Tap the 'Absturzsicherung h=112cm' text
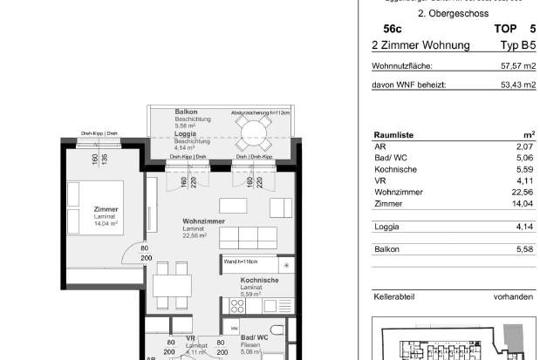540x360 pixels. [x=260, y=113]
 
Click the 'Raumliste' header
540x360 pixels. [x=393, y=135]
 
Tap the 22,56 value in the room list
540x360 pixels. [x=521, y=193]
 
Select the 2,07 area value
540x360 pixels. [x=523, y=147]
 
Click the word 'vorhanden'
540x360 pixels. [x=513, y=297]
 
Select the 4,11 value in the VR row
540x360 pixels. [x=523, y=181]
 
